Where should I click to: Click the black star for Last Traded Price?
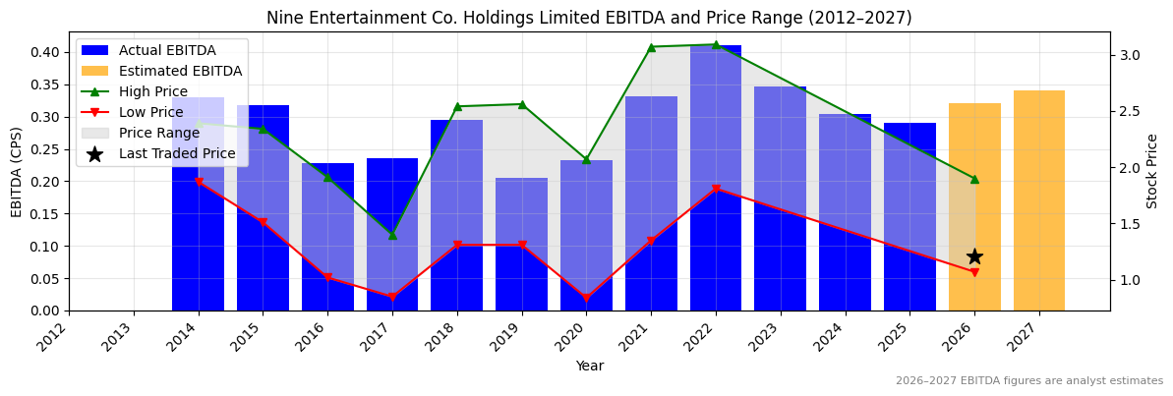[974, 256]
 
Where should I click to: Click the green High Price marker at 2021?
[651, 47]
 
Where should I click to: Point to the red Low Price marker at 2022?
[716, 189]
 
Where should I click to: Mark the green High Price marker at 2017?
[392, 235]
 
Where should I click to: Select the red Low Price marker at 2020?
[586, 298]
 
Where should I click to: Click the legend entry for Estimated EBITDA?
[180, 71]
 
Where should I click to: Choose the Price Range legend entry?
[158, 133]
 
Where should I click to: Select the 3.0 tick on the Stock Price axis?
[1129, 55]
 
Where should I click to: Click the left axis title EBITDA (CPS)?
[17, 171]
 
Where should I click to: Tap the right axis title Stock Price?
[1152, 171]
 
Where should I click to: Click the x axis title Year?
[590, 367]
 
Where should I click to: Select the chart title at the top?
[589, 18]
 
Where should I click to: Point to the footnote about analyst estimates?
[1028, 381]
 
